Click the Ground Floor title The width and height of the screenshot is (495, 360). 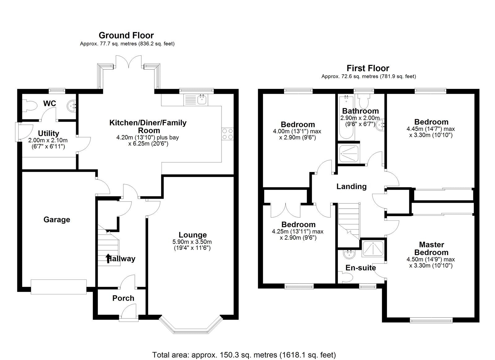126,35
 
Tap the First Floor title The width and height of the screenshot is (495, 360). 368,68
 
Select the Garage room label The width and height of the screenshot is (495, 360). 57,220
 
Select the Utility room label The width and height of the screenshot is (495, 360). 49,133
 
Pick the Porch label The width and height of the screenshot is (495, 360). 123,298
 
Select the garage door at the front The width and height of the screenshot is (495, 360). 58,286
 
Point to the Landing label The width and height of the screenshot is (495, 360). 351,186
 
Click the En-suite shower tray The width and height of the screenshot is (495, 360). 373,248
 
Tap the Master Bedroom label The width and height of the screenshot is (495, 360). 431,248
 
